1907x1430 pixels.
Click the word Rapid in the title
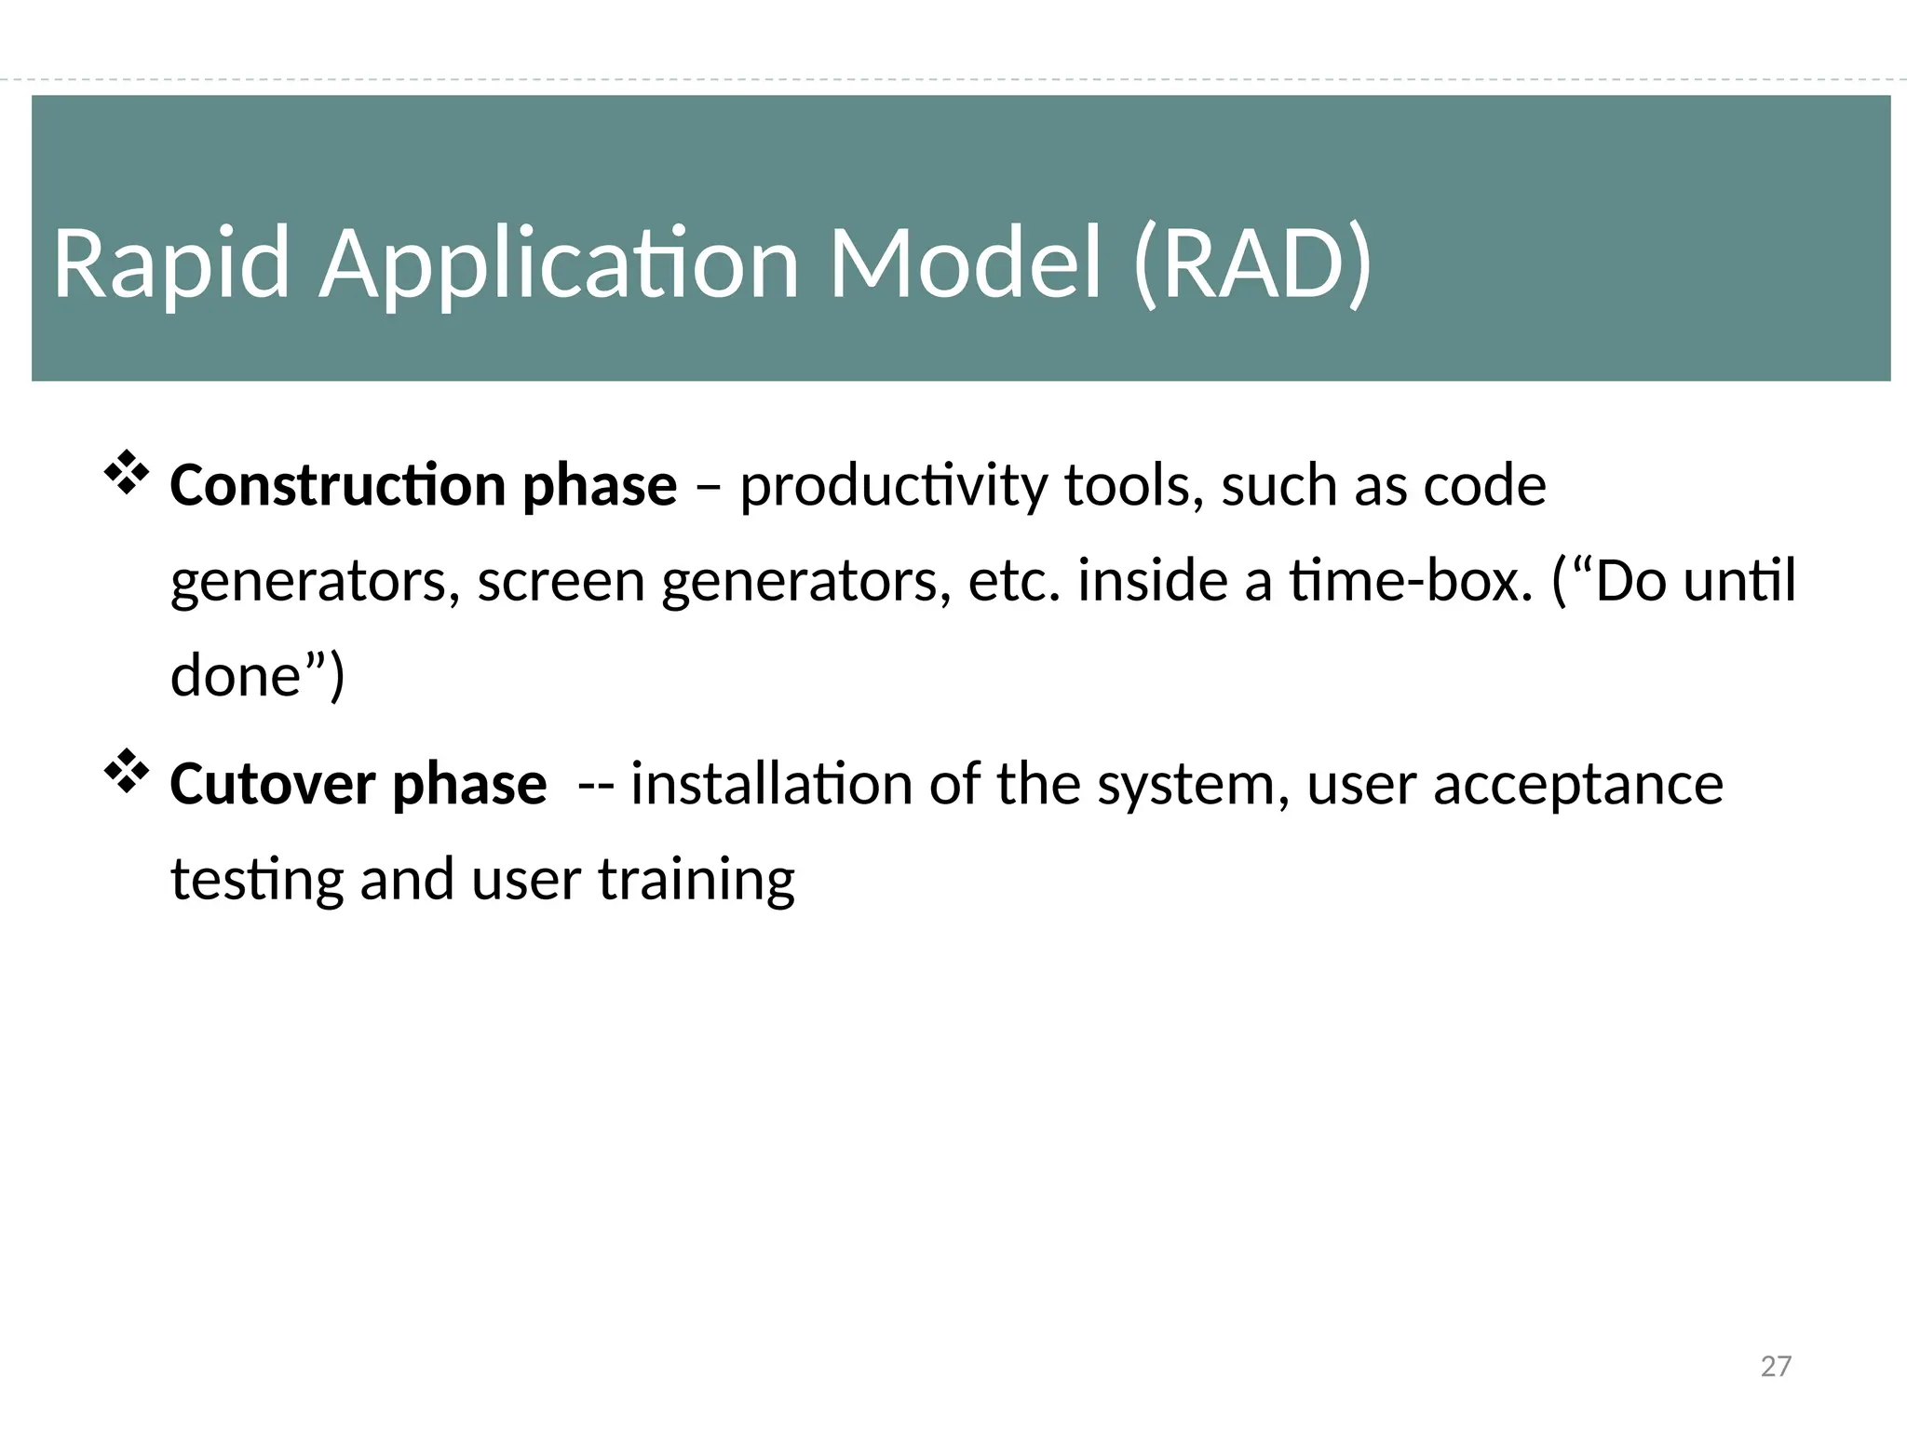171,265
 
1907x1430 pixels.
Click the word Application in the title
559,265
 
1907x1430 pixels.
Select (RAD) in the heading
1252,264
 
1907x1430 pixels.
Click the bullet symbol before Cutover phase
126,772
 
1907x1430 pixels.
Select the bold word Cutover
272,784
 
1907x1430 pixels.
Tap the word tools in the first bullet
1131,486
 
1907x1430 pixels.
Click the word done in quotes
235,676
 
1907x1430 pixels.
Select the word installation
771,784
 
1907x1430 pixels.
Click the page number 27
1776,1367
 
